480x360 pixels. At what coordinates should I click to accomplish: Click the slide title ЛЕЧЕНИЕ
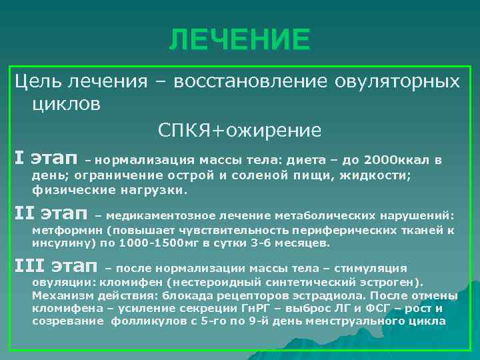[x=239, y=39]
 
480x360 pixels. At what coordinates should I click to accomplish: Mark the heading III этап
[x=57, y=267]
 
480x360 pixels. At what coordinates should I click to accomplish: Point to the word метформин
[x=64, y=230]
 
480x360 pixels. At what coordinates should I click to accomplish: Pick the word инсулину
[x=60, y=243]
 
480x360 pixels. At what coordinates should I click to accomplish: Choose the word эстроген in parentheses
[x=393, y=282]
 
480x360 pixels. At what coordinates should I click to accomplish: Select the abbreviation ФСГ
[x=375, y=309]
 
